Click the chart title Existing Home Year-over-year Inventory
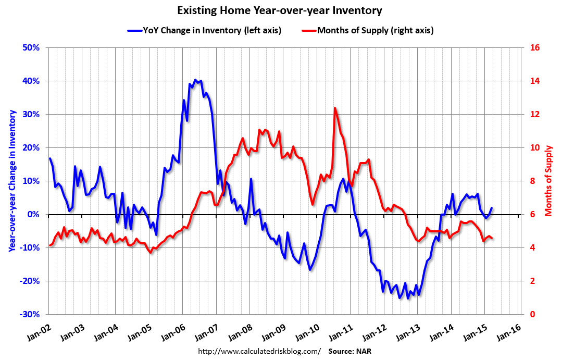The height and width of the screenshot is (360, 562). click(x=280, y=10)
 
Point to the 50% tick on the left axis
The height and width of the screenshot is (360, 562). click(x=32, y=48)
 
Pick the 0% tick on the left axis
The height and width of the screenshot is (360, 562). click(x=34, y=215)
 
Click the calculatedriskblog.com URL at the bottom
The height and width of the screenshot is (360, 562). click(x=259, y=351)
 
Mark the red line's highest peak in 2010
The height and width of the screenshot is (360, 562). click(x=334, y=108)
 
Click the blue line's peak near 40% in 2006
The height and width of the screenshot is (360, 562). click(x=195, y=80)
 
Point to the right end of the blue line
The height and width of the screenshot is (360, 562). click(x=492, y=208)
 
